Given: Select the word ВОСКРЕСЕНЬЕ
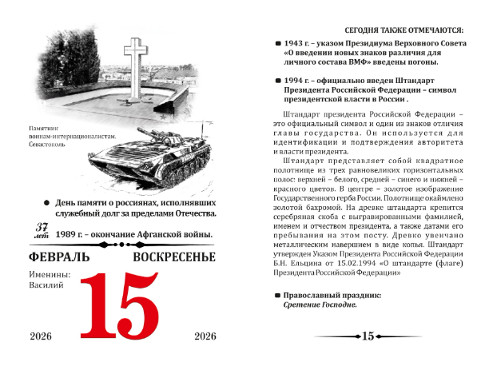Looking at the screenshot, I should tap(174, 257).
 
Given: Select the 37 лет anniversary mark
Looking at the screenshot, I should tap(41, 232).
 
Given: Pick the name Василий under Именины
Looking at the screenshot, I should tap(46, 285).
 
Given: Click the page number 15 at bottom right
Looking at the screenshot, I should tap(368, 336).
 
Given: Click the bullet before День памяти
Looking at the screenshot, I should tap(48, 203).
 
